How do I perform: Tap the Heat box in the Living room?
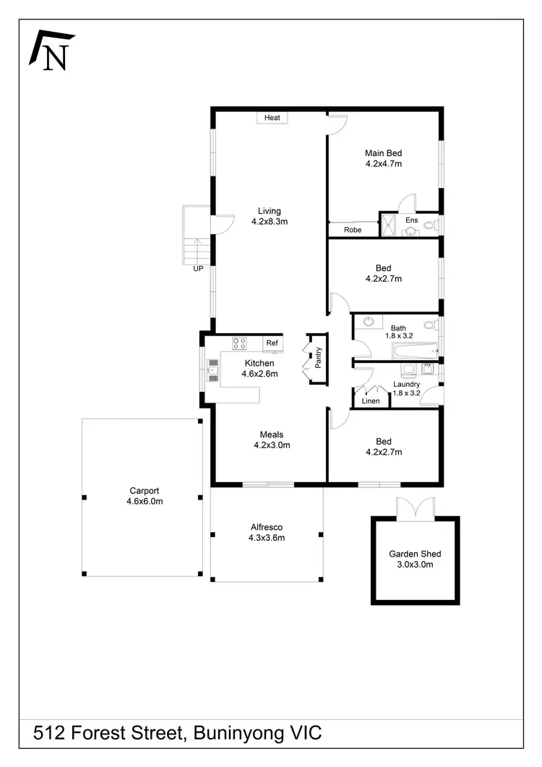pyautogui.click(x=272, y=118)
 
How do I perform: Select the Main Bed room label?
pyautogui.click(x=383, y=153)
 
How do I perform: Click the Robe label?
pyautogui.click(x=353, y=230)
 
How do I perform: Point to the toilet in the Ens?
pyautogui.click(x=430, y=227)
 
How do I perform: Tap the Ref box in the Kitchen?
pyautogui.click(x=272, y=343)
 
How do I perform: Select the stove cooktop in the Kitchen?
pyautogui.click(x=239, y=343)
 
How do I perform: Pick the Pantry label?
pyautogui.click(x=319, y=357)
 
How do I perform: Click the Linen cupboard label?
pyautogui.click(x=370, y=400)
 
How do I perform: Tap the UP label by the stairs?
pyautogui.click(x=197, y=269)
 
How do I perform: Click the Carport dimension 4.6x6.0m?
pyautogui.click(x=145, y=500)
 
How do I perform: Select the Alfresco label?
pyautogui.click(x=267, y=527)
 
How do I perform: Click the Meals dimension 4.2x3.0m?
pyautogui.click(x=272, y=445)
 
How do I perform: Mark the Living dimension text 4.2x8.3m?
pyautogui.click(x=270, y=222)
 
